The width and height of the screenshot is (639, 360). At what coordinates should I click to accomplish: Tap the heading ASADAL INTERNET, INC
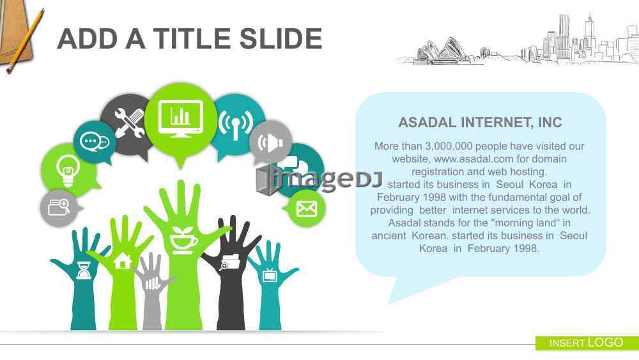point(480,122)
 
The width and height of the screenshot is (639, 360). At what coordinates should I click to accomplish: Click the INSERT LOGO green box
point(587,343)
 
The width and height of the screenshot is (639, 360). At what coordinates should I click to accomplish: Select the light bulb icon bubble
point(68,171)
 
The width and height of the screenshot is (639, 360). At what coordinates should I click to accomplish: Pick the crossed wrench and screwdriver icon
point(129,123)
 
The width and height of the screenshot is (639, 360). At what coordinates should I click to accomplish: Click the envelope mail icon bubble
point(307,208)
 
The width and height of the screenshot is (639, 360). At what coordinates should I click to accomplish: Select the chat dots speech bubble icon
point(95,142)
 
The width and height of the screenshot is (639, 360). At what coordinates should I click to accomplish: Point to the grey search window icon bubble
point(60,208)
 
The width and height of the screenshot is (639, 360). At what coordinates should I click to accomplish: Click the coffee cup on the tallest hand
point(183,240)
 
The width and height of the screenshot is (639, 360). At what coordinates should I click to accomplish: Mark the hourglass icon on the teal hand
point(84,270)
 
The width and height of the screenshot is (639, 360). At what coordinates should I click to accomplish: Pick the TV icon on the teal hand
point(270,276)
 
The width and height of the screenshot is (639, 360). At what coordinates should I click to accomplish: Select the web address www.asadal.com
point(468,159)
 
